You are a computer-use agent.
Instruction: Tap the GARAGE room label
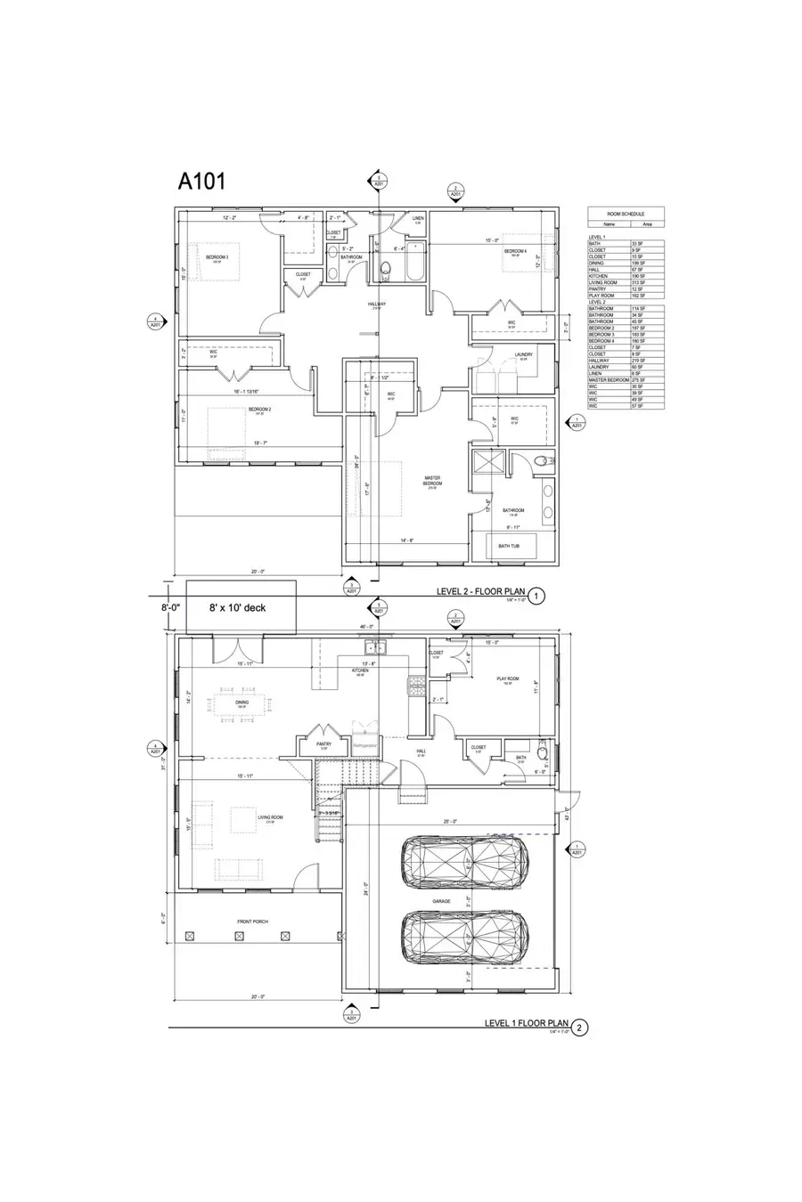pyautogui.click(x=442, y=901)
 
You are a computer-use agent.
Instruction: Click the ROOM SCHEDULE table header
pyautogui.click(x=626, y=215)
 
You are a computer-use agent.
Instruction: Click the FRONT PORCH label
pyautogui.click(x=254, y=922)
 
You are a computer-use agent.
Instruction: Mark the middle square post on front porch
pyautogui.click(x=239, y=936)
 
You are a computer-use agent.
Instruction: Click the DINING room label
pyautogui.click(x=241, y=703)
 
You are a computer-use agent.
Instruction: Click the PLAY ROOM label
pyautogui.click(x=508, y=678)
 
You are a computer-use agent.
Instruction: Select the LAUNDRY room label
pyautogui.click(x=524, y=354)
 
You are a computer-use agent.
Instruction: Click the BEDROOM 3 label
pyautogui.click(x=217, y=257)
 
